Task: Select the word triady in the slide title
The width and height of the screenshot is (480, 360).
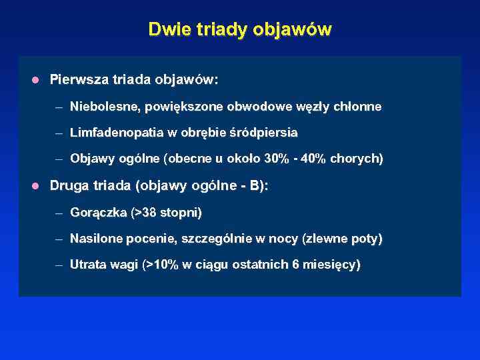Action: click(x=209, y=30)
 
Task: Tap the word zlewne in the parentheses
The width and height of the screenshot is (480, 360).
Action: click(x=325, y=239)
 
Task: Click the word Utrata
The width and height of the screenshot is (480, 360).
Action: click(x=87, y=265)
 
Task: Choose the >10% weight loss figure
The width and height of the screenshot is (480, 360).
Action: click(x=161, y=265)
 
